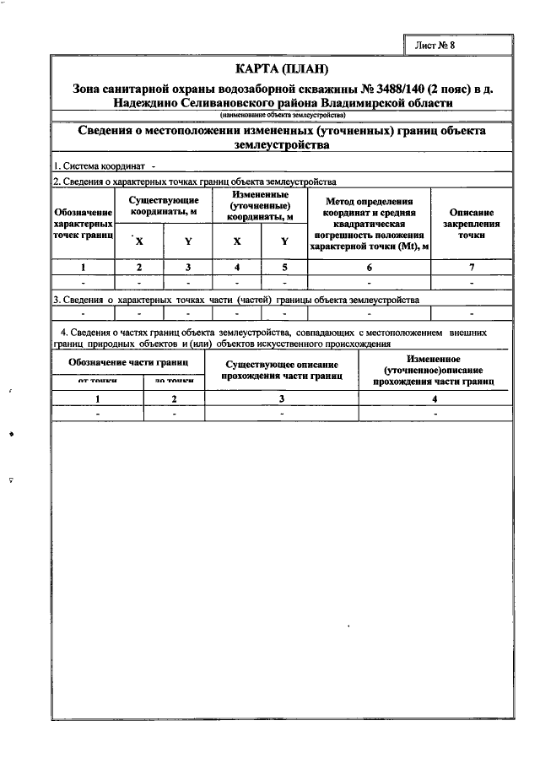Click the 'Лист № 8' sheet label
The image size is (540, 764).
[x=435, y=46]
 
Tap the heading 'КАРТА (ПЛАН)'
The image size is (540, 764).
[x=281, y=68]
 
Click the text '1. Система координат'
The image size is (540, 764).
[x=99, y=167]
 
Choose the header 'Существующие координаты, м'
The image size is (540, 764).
[x=164, y=204]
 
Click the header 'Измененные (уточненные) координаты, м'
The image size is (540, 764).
[x=261, y=205]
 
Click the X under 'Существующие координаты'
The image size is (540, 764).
[x=139, y=241]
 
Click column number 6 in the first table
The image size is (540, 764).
[x=370, y=268]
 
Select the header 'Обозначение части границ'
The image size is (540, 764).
[x=128, y=362]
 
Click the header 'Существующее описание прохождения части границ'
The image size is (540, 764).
[x=282, y=369]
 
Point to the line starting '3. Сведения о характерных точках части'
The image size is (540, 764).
[x=236, y=299]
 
